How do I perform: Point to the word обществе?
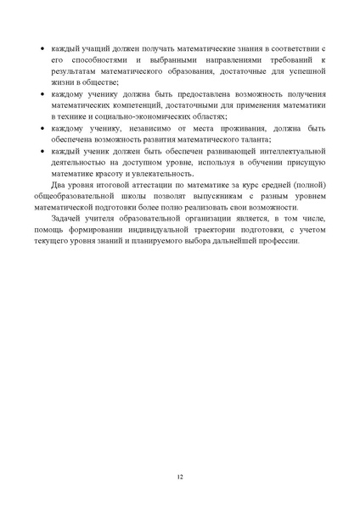(102, 83)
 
